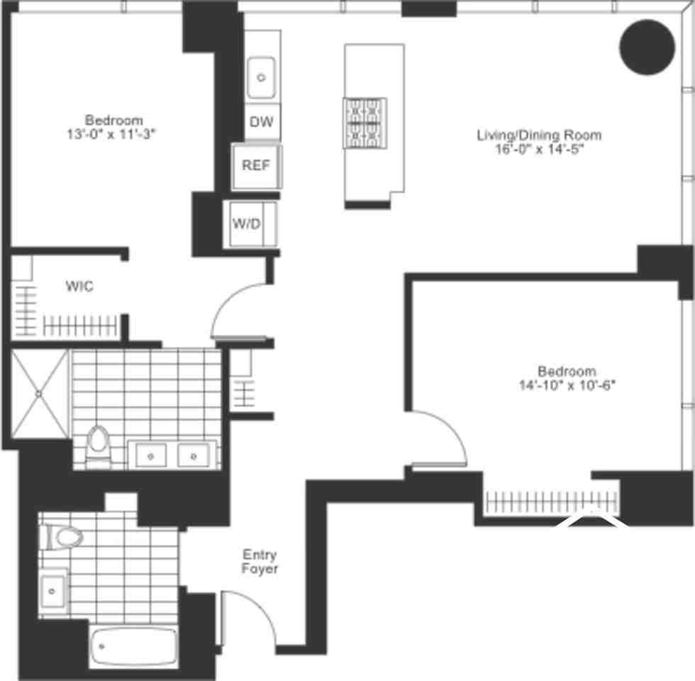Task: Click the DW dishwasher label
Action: (261, 122)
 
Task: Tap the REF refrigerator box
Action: (256, 165)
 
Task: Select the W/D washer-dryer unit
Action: (247, 224)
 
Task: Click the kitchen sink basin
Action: (262, 76)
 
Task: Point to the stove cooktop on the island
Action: (365, 123)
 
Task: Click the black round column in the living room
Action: (647, 46)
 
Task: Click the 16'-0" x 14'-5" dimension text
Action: (539, 149)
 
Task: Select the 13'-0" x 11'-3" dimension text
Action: (114, 133)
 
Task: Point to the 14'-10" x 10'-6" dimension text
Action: (567, 385)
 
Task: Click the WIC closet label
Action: (79, 287)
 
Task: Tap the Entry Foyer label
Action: (260, 562)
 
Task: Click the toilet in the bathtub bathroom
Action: (62, 537)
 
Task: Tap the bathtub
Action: (133, 646)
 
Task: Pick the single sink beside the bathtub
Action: (53, 590)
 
